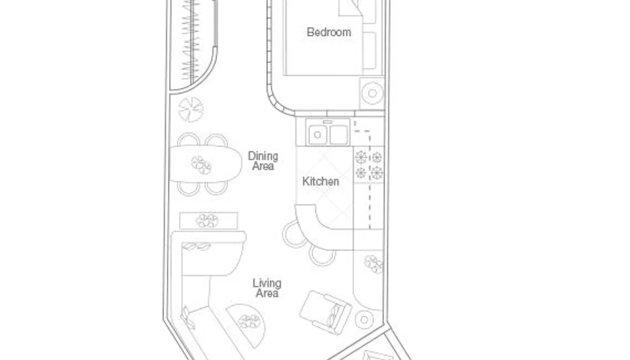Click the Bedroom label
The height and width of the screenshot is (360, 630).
pyautogui.click(x=329, y=32)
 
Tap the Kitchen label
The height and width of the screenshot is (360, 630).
pyautogui.click(x=321, y=181)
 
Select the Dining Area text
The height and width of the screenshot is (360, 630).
pyautogui.click(x=263, y=161)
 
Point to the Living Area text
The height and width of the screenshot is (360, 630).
pyautogui.click(x=267, y=288)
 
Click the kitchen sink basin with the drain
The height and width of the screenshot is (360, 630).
pyautogui.click(x=317, y=135)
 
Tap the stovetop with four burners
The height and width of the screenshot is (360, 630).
pyautogui.click(x=369, y=165)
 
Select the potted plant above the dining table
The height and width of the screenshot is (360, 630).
pyautogui.click(x=191, y=109)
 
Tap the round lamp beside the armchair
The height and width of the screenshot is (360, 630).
pyautogui.click(x=364, y=319)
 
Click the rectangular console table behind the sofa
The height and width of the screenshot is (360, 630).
pyautogui.click(x=208, y=221)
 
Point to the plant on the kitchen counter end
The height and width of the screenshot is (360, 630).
pyautogui.click(x=373, y=264)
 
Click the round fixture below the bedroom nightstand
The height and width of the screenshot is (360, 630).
pyautogui.click(x=372, y=93)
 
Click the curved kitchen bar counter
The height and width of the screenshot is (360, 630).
pyautogui.click(x=319, y=232)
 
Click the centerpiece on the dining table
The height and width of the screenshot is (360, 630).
pyautogui.click(x=202, y=165)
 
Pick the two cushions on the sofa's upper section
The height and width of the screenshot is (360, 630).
pyautogui.click(x=196, y=247)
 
